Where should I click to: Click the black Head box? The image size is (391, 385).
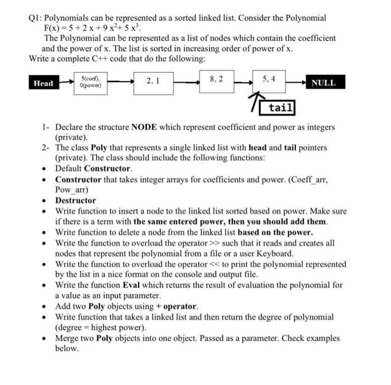coord(44,83)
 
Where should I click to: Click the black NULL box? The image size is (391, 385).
coord(323,83)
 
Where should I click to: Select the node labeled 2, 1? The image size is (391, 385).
coord(152,82)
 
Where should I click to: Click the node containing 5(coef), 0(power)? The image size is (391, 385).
coord(91,83)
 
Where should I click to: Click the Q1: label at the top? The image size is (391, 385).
coord(36,18)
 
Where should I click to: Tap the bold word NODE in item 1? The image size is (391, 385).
coord(147,127)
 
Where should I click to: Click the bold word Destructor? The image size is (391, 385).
coord(75,201)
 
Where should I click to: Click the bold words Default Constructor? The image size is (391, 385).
coord(94,169)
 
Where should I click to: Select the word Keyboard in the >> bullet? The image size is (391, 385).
coord(273,253)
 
